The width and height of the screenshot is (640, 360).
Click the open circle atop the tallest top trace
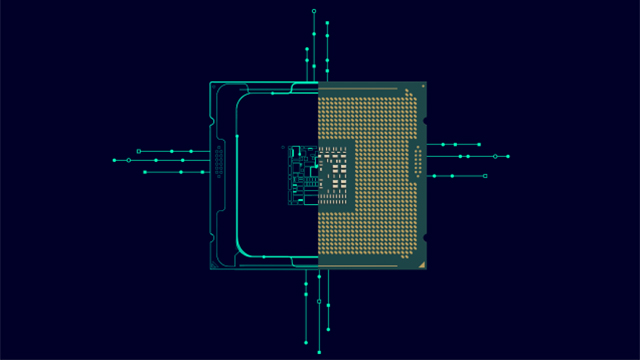(314, 11)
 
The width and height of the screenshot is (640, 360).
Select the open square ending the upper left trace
(138, 151)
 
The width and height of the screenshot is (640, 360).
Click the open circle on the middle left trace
(128, 160)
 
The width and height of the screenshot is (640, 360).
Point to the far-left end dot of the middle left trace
(114, 160)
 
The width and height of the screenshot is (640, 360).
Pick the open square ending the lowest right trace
(485, 176)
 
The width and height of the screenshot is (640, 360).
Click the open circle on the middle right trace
(494, 156)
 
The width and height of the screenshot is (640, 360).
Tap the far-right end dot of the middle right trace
(508, 156)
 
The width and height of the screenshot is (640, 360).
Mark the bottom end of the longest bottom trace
(319, 349)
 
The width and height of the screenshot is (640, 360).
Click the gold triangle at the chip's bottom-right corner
(424, 265)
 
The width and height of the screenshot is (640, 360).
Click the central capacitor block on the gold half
(336, 175)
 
